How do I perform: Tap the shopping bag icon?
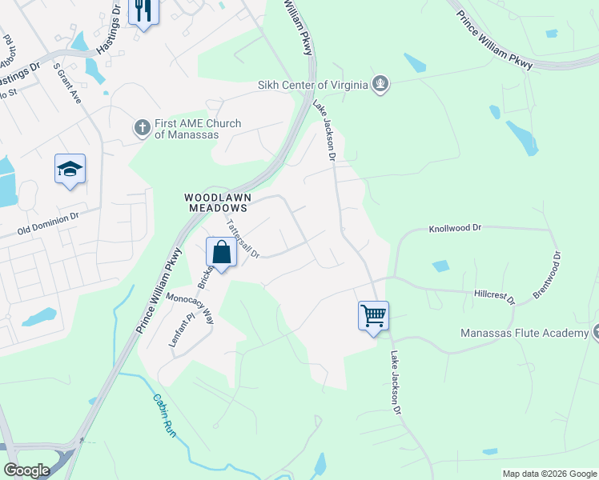click(221, 252)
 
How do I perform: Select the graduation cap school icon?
click(70, 169)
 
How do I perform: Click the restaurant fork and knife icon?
click(143, 10)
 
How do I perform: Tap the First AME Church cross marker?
click(142, 127)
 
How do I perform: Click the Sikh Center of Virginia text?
click(312, 85)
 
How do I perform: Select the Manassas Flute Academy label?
click(524, 333)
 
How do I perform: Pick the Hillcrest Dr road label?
click(493, 295)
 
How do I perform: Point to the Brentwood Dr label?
click(549, 277)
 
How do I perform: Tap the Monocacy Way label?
click(191, 308)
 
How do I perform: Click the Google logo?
click(26, 470)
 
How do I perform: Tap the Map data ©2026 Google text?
click(549, 474)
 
